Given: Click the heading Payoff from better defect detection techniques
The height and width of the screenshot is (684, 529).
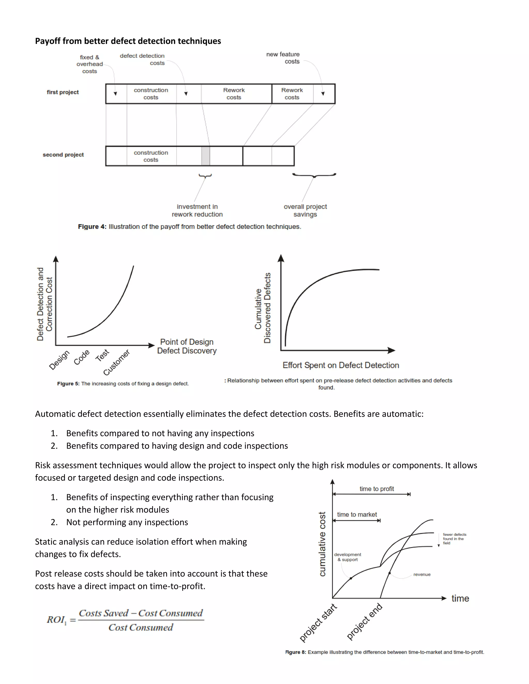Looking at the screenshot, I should point(128,41).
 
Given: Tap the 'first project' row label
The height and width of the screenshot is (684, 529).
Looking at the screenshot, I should point(63,92).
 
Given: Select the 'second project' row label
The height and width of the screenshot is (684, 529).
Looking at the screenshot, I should point(63,155).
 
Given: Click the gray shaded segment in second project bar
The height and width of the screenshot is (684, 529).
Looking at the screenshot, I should point(206,156).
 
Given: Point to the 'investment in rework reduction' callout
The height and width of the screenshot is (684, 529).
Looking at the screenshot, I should point(197,210).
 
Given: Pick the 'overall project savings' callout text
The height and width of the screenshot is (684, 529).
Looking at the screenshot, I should point(305,210).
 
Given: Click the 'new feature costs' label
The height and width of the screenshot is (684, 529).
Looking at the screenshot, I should point(283,58).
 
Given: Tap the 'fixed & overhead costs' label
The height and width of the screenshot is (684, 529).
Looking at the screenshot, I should point(90,64).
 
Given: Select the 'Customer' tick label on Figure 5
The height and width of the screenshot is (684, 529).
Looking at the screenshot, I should point(116,362).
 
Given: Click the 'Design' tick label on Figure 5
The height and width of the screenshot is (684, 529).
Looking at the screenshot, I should point(59,360).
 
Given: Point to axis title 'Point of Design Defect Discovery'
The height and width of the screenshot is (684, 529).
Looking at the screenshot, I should point(187,346).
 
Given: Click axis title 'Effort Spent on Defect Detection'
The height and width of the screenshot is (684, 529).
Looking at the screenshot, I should point(341,365).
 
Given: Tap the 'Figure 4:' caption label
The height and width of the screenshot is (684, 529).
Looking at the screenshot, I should point(92,227).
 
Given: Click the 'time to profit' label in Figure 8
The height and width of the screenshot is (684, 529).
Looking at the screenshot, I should point(377,489).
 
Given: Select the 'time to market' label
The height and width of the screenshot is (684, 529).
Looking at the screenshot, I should point(357,515).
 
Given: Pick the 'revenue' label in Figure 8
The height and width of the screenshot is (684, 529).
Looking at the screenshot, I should point(422,574).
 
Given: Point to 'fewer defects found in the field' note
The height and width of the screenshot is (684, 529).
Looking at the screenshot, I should point(454,539).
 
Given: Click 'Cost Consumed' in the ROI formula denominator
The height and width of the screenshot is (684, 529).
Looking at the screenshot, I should point(141,627).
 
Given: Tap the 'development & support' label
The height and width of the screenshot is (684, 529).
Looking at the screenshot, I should point(348,557).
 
